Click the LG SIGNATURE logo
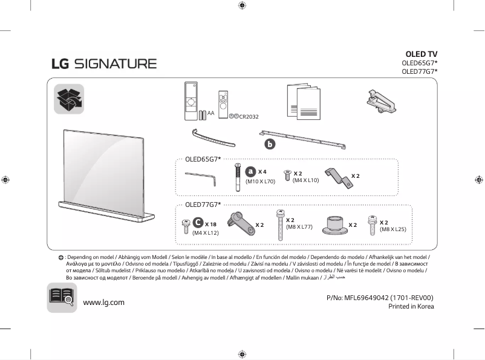[103, 64]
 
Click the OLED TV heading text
[421, 54]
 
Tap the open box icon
[69, 99]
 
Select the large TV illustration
[106, 175]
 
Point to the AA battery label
[210, 113]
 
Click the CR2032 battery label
[249, 116]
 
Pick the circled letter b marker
[270, 144]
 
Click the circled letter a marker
[251, 172]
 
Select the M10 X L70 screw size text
[260, 181]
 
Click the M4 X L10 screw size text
[305, 180]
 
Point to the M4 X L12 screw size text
[205, 232]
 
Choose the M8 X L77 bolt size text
[299, 227]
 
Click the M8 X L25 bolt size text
[392, 229]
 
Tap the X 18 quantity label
[210, 224]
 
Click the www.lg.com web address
[103, 302]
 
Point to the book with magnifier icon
[62, 298]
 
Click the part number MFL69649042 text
[380, 297]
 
